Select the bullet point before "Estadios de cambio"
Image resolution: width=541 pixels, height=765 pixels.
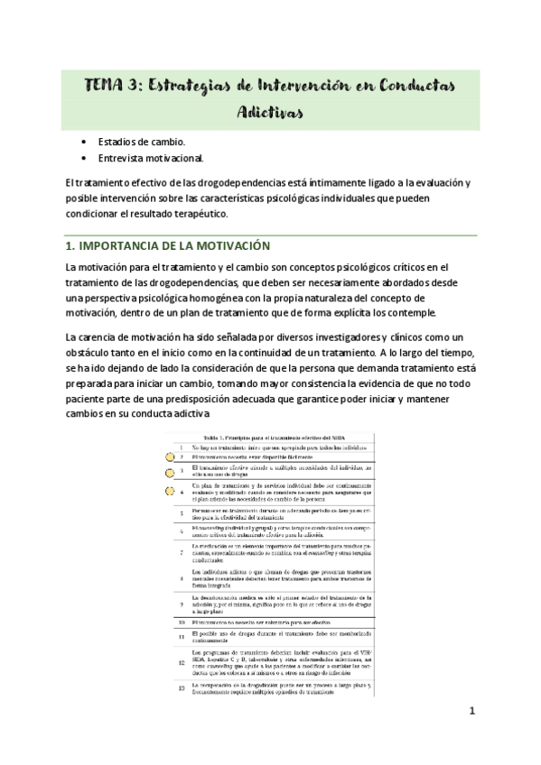tap(84, 143)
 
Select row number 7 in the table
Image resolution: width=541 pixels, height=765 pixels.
tap(182, 551)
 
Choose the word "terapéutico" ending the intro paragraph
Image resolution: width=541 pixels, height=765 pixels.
tap(200, 214)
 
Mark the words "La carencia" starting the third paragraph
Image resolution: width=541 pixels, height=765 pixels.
tap(90, 336)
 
